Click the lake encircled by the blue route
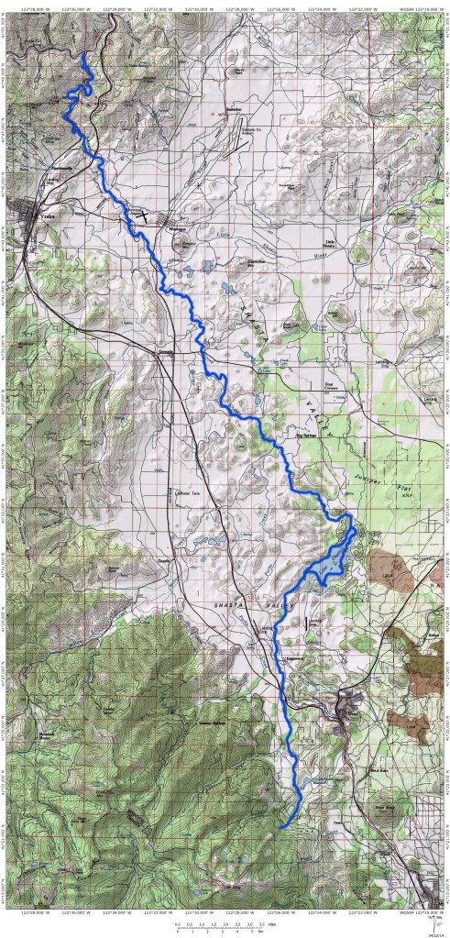click(x=325, y=570)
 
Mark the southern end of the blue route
click(x=279, y=828)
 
